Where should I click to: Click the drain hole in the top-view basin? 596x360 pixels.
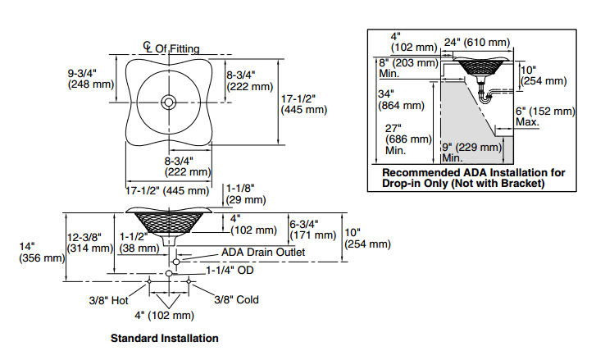tap(169, 103)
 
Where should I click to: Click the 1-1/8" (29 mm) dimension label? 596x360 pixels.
tap(246, 193)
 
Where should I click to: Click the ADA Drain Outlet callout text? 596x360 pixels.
tap(263, 253)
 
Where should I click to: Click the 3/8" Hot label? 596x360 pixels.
tap(110, 300)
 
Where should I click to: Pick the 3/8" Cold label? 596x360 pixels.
tap(237, 300)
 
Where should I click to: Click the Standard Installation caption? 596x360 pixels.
tap(165, 338)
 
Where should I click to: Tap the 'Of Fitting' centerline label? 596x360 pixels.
tap(177, 49)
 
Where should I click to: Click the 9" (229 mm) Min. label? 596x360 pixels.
tap(472, 152)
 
